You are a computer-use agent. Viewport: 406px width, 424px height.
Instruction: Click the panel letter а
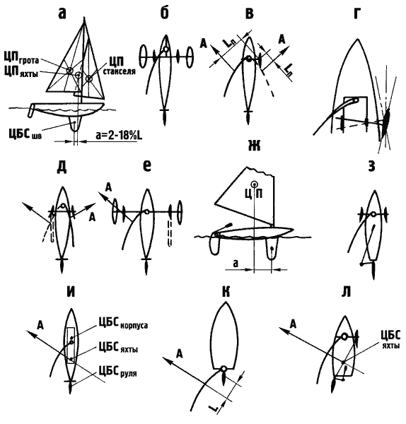(x=62, y=14)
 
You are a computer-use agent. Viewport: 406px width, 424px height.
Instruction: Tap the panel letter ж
(x=254, y=146)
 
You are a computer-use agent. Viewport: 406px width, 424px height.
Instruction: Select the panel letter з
(x=372, y=166)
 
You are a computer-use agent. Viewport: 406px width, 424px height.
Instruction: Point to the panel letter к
(x=226, y=292)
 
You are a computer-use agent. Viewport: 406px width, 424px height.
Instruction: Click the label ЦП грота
(x=21, y=58)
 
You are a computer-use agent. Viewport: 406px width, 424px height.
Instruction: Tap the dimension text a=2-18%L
(x=119, y=135)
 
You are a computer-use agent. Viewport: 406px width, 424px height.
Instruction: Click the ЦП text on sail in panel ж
(x=254, y=194)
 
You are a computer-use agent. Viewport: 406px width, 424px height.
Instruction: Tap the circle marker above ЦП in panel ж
(x=254, y=184)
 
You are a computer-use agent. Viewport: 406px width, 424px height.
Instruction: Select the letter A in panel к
(x=180, y=354)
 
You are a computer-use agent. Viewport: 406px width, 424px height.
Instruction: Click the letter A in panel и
(x=40, y=325)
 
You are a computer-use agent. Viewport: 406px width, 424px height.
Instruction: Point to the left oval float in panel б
(x=143, y=57)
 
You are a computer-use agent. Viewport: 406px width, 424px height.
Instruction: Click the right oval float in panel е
(x=179, y=212)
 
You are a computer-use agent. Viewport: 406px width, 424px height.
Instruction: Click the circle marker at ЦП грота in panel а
(x=69, y=71)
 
